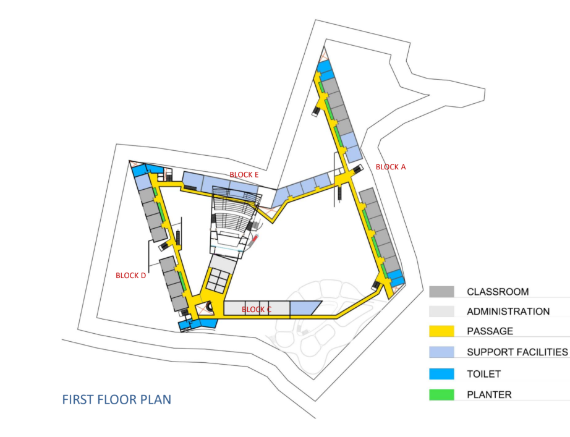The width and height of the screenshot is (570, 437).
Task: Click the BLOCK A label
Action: coord(391,167)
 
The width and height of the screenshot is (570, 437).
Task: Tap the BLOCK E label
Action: coord(244,175)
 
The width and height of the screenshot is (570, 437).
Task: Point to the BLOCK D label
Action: coord(130,276)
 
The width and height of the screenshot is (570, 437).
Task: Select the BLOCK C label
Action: coord(257,310)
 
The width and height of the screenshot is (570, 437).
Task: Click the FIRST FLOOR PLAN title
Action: coord(117,399)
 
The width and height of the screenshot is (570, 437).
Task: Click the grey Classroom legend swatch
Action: coord(441,292)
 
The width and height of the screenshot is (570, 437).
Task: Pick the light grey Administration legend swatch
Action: coord(441,311)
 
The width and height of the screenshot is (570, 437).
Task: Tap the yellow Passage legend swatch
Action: coord(441,331)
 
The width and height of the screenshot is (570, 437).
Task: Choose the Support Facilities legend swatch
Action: coord(441,352)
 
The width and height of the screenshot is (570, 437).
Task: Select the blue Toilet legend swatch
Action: coord(441,374)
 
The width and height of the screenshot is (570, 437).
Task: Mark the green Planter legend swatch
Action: coord(441,394)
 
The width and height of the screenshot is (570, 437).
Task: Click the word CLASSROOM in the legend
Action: coord(498,292)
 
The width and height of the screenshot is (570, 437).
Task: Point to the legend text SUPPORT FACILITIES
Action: coord(517,352)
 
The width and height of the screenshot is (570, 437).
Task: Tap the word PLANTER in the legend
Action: coord(489,395)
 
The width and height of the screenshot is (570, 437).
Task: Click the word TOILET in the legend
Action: coord(484,374)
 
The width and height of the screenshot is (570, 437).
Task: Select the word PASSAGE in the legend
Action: coord(490,331)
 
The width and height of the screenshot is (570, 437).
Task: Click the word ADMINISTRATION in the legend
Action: coord(508,312)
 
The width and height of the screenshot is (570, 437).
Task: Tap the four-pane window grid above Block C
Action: coord(219,280)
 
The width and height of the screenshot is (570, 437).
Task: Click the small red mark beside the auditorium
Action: coord(255,238)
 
